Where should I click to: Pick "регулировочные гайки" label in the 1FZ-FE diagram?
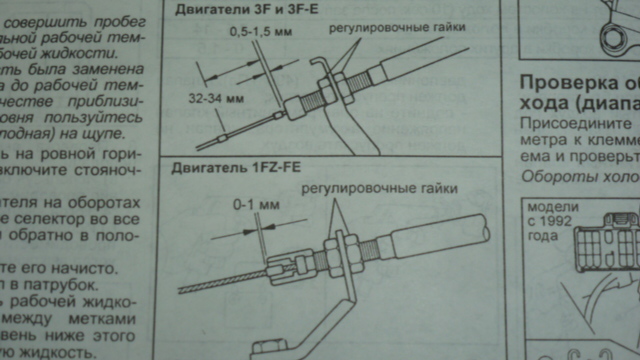(380, 187)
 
